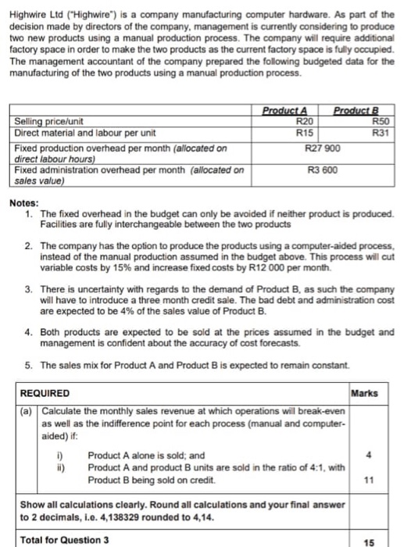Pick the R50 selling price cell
click(x=381, y=122)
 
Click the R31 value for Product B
click(x=381, y=133)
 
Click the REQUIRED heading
click(x=44, y=392)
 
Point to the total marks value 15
click(x=377, y=538)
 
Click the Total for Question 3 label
click(x=64, y=538)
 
